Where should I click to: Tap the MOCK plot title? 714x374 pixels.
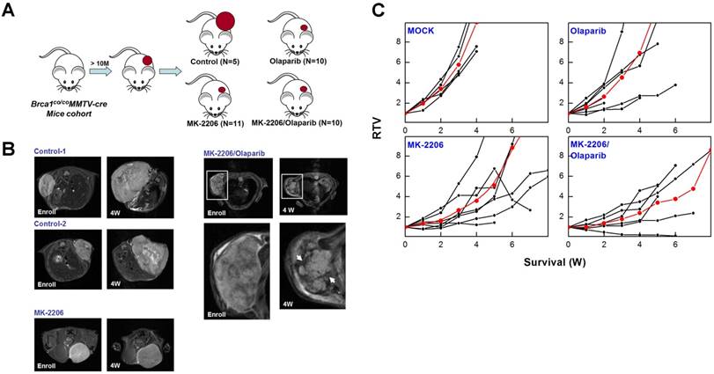click(x=424, y=32)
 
